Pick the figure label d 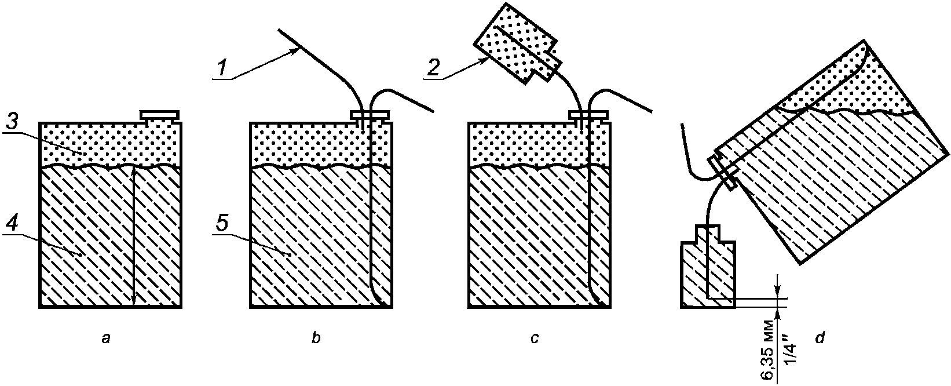[820, 339]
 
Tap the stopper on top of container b [369, 115]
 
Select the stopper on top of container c [587, 115]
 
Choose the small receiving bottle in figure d [708, 270]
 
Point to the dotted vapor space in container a [110, 144]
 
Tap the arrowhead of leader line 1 [295, 52]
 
